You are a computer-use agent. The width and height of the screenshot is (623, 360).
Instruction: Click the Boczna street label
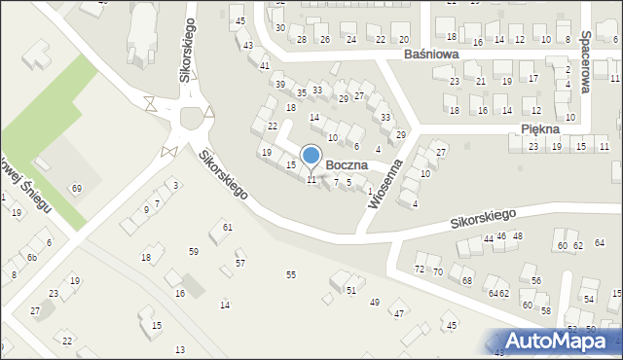[x=347, y=165]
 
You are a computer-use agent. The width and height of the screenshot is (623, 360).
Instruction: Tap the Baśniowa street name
[x=431, y=55]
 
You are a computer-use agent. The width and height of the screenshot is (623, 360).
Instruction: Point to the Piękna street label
[x=539, y=128]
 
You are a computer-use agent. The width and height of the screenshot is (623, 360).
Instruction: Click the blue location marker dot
[x=311, y=155]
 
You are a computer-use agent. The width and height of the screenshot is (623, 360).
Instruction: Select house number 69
[x=77, y=188]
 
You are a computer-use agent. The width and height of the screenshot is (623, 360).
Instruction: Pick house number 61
[x=227, y=227]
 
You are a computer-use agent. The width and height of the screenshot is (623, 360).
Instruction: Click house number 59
[x=194, y=252]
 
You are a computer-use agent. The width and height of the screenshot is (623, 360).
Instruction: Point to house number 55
[x=290, y=275]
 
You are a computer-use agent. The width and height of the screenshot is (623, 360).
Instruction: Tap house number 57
[x=240, y=264]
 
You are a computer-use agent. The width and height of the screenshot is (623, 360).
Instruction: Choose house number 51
[x=351, y=290]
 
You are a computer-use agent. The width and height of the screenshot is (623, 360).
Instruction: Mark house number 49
[x=375, y=303]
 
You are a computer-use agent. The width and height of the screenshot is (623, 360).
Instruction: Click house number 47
[x=397, y=313]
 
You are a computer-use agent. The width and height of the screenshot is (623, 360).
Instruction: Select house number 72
[x=420, y=269]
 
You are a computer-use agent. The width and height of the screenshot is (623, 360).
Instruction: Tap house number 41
[x=265, y=65]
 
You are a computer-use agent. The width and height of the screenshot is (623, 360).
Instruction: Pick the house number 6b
[x=31, y=257]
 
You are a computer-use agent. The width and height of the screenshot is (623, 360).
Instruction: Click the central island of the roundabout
[x=191, y=119]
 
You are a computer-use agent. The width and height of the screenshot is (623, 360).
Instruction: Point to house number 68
[x=466, y=280]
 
